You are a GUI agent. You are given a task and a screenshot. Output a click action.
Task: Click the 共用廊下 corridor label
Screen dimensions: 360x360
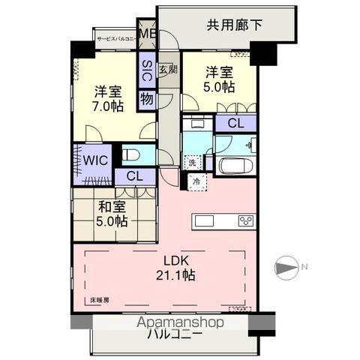tap(234, 25)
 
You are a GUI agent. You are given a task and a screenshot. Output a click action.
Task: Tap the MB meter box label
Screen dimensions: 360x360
tap(147, 34)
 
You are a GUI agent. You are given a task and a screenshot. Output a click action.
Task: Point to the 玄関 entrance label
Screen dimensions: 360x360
tap(168, 70)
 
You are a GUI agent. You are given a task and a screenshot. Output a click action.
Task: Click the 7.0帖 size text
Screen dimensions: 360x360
tap(108, 106)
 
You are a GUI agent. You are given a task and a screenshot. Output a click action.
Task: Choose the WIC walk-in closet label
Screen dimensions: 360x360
tap(95, 160)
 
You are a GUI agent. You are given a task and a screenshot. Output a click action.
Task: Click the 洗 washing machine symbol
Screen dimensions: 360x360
tap(193, 162)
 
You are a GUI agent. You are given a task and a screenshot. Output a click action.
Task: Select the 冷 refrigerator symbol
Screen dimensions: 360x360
tap(196, 181)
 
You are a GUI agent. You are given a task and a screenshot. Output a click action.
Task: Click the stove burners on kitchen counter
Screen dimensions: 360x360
tap(246, 220)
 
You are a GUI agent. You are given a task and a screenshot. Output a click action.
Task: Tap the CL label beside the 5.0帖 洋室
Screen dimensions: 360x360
tap(234, 124)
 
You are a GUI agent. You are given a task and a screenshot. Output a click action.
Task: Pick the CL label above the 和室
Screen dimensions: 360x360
tap(135, 176)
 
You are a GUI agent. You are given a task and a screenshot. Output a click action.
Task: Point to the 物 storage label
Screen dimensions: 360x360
tap(146, 97)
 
